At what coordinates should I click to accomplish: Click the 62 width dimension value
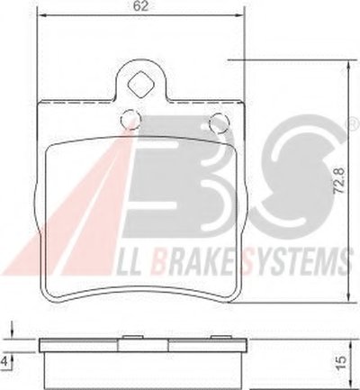[x=141, y=6]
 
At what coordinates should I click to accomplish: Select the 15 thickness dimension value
[x=343, y=362]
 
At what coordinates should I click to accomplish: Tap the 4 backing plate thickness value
[x=5, y=361]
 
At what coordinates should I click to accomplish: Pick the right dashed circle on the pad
[x=220, y=122]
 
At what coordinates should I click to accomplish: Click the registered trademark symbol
[x=354, y=122]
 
